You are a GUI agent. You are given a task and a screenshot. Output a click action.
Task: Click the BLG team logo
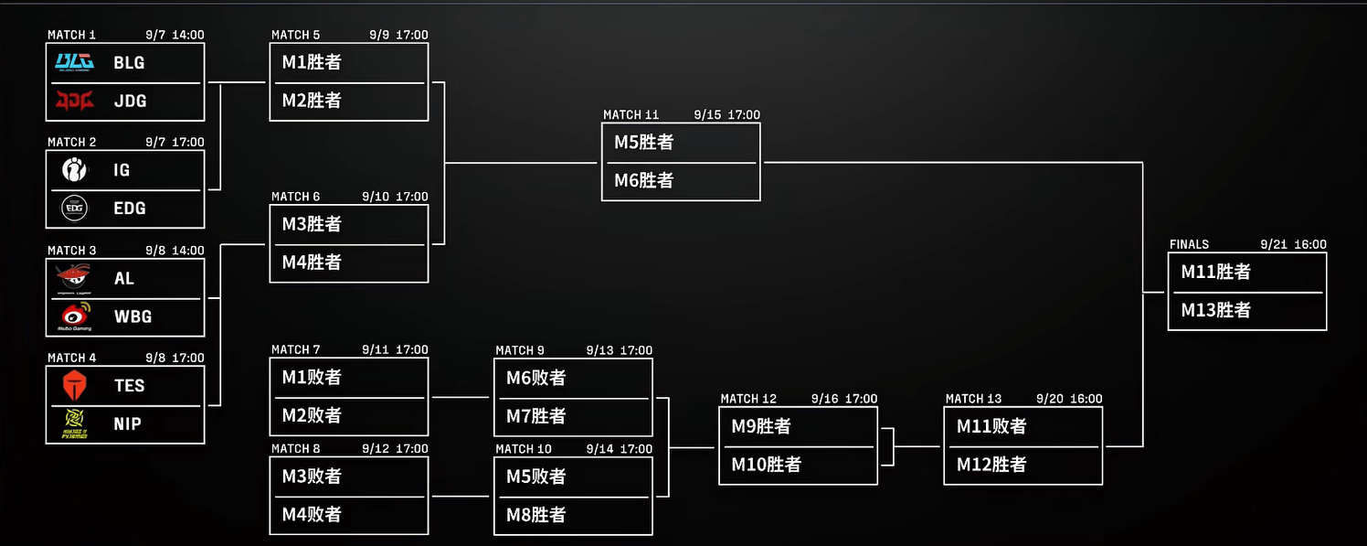coord(74,62)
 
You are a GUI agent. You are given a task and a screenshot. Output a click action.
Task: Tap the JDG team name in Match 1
coord(130,102)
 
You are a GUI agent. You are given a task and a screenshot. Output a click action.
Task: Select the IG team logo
coord(74,170)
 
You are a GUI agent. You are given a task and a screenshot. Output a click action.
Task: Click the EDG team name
coord(130,209)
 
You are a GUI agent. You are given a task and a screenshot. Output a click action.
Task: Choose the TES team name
coord(129,386)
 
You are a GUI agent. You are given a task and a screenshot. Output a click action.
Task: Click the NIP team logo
coord(74,423)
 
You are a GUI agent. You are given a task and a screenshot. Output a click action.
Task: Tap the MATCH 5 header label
coord(296,36)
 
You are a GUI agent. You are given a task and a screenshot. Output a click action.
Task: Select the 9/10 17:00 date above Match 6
coord(395,197)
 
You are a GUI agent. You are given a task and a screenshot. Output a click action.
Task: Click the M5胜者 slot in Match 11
coord(643,143)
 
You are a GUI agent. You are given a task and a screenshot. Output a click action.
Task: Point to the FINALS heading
coord(1189,245)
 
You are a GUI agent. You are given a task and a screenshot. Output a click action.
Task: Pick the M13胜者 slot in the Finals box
coord(1215,311)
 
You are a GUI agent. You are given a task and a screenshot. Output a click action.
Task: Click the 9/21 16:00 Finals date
coord(1293,245)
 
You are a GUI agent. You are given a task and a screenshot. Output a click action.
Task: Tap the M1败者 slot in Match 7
coord(312,378)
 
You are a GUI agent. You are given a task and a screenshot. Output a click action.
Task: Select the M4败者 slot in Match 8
coord(312,515)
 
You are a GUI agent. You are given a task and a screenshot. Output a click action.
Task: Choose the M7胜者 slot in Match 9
coord(536,416)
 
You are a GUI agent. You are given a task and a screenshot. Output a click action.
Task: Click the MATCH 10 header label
coord(524,449)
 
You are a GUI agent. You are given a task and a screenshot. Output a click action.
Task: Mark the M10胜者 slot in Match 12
coord(766,465)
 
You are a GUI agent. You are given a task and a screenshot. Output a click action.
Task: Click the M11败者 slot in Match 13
coord(991,426)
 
